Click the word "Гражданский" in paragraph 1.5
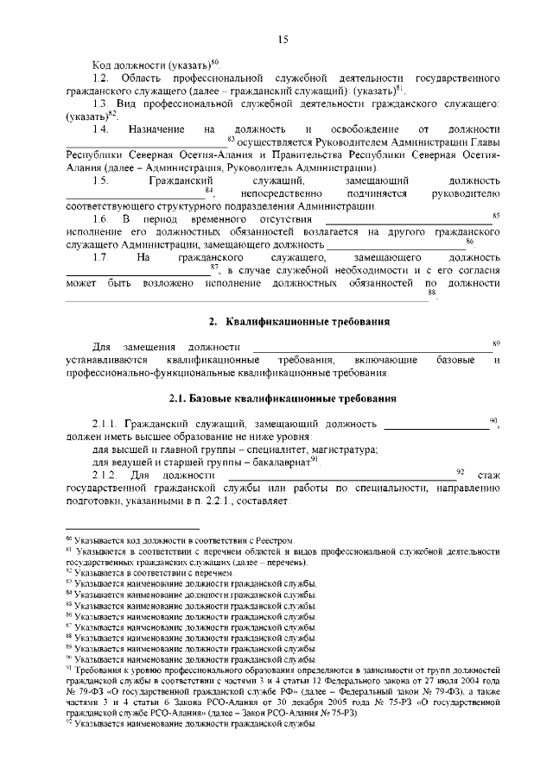pyautogui.click(x=179, y=180)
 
